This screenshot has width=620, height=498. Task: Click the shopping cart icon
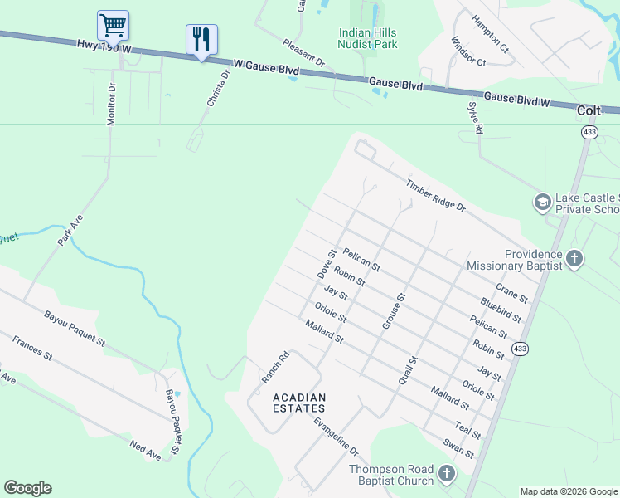pos(113,25)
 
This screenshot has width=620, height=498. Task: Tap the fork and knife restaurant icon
pos(201,38)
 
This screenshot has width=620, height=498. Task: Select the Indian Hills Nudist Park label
pos(367,38)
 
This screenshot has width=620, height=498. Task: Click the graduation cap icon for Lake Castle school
pos(542,203)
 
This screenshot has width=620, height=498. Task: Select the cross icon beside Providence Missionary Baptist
pos(574,260)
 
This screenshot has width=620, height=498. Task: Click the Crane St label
pos(511,292)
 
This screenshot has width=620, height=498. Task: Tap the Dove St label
pos(327,264)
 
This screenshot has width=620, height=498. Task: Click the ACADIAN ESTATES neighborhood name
pos(299,403)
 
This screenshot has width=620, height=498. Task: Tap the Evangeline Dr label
pos(336,437)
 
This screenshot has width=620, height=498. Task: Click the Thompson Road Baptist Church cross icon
pos(447,475)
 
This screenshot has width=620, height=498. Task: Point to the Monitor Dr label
pos(111,105)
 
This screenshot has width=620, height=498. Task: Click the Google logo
pos(27,488)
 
